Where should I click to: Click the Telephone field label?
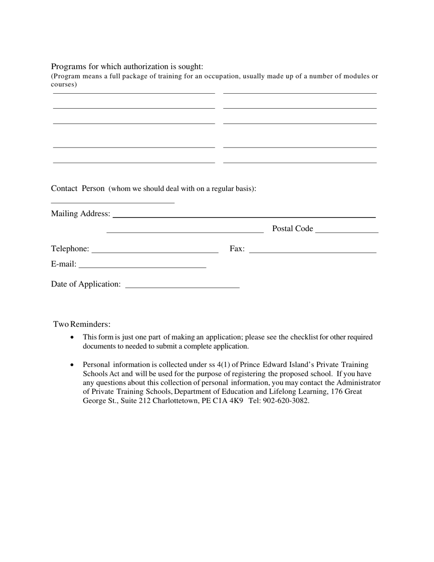(70, 249)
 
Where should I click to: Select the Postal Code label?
(292, 228)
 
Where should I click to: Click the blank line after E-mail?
(143, 265)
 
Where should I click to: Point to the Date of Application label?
(86, 284)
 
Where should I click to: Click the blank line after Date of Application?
(182, 286)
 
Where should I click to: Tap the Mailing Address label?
(80, 214)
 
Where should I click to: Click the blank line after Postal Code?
(347, 231)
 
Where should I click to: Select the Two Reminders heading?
(82, 324)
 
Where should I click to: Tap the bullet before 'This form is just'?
(72, 337)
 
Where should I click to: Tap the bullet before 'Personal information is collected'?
(72, 365)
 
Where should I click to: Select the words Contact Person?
(78, 189)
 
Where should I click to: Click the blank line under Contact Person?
(112, 201)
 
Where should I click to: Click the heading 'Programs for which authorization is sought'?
(127, 67)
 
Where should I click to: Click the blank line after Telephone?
(155, 250)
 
